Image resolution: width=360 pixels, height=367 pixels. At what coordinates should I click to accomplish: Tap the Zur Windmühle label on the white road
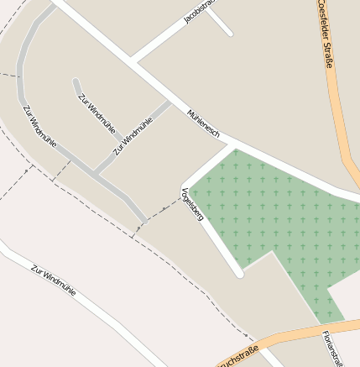coord(54,280)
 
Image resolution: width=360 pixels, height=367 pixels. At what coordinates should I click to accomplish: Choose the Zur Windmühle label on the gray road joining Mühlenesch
coord(133,134)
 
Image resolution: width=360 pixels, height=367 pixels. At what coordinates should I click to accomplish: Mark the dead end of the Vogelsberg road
coord(239,272)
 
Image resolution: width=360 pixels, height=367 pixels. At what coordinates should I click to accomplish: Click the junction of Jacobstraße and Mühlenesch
coord(133,61)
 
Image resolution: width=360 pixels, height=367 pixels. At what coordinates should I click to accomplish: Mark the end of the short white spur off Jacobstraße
coord(228,34)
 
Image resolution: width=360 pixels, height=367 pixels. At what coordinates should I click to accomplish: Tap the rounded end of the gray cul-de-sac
coord(76,82)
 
